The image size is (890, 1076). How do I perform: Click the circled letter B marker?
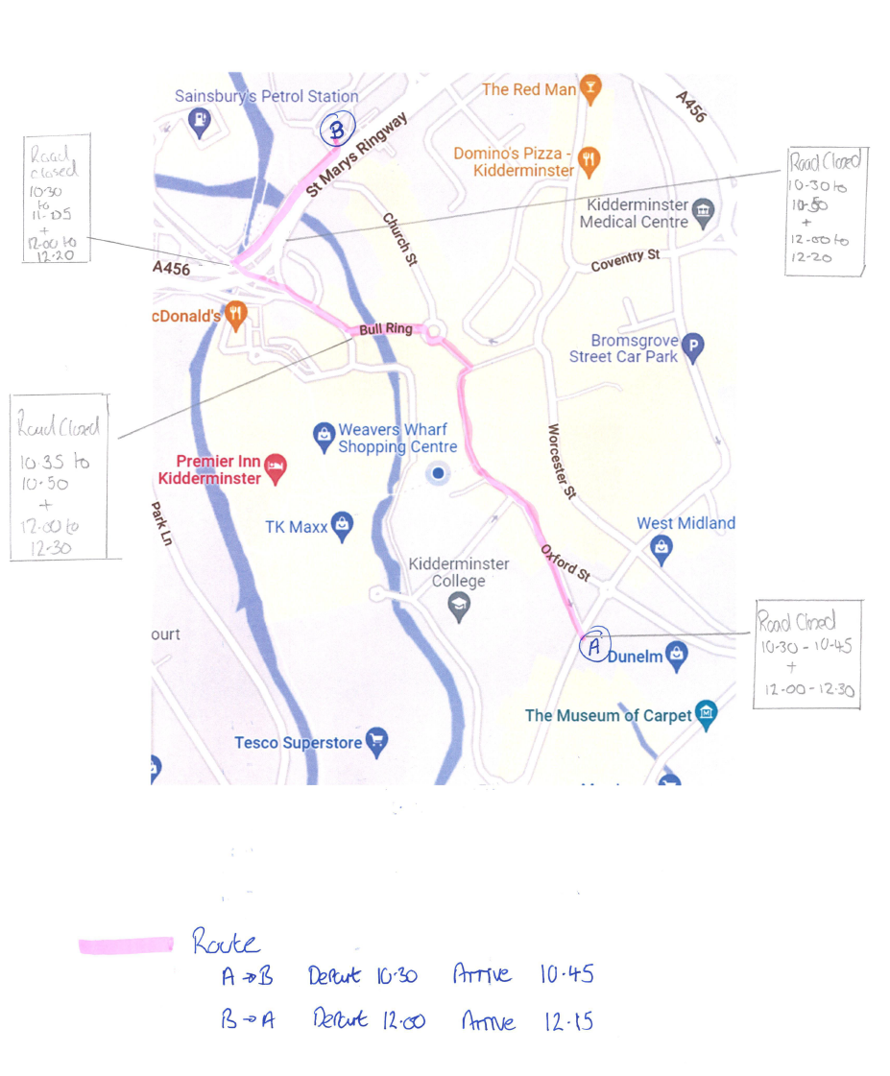coord(337,128)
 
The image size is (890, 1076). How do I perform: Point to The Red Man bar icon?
coord(591,88)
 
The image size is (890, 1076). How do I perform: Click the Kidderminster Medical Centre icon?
coord(703,212)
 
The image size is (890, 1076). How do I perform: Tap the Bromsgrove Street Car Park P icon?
coord(694,347)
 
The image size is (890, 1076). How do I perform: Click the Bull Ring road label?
coord(385,329)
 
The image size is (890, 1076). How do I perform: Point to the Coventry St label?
coord(625,260)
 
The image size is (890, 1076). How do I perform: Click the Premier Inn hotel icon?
coord(276,467)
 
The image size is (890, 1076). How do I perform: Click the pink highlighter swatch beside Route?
coord(126,945)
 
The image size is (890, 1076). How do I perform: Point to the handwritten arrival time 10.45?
coord(565,975)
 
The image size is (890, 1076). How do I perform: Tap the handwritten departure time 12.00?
coord(404,1019)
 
